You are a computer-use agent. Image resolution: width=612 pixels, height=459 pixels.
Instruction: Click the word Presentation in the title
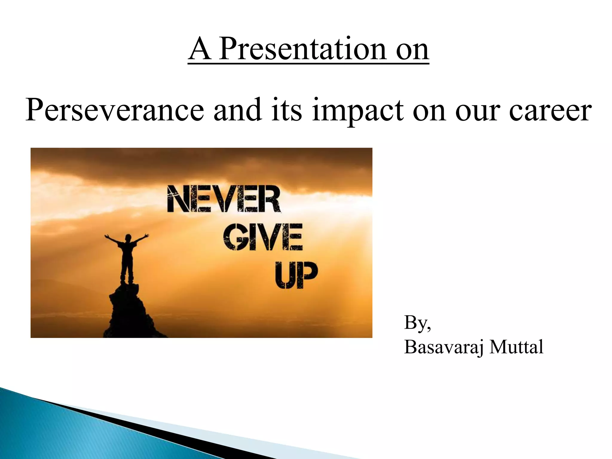pos(302,49)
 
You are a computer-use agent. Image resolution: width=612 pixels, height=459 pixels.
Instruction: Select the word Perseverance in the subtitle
pos(114,111)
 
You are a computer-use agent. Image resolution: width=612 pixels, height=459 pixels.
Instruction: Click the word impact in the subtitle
pos(357,111)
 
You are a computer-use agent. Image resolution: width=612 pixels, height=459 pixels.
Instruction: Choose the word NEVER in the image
pos(224,199)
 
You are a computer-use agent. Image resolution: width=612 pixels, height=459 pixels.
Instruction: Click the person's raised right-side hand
pos(146,235)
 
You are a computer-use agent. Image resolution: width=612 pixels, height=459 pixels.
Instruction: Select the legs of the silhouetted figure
pos(127,267)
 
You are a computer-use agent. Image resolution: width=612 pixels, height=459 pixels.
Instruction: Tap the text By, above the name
pos(417,323)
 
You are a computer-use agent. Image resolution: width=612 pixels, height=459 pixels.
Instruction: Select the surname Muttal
pos(516,348)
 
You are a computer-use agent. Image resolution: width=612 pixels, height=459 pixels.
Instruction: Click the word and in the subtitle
pos(238,111)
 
